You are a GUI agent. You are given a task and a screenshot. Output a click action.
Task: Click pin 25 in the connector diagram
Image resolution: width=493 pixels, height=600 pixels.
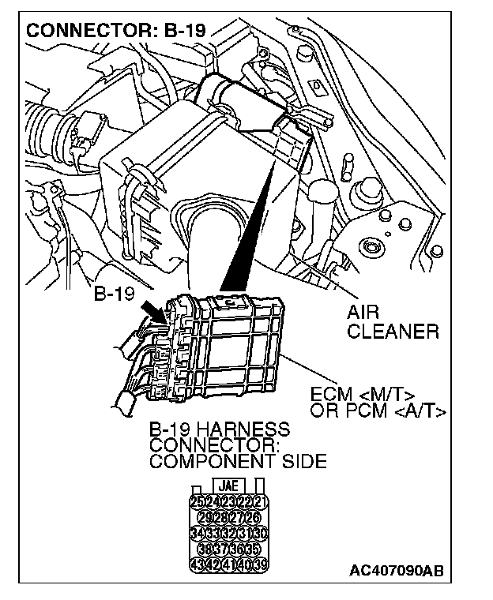(x=197, y=503)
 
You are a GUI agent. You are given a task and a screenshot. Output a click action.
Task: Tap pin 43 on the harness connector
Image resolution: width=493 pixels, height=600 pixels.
(x=197, y=564)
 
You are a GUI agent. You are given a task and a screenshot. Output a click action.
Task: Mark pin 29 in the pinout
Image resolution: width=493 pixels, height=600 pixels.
(x=205, y=518)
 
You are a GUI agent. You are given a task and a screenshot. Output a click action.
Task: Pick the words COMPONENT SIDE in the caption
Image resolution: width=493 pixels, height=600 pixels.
(x=237, y=462)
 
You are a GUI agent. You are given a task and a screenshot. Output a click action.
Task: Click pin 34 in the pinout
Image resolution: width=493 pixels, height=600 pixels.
(x=197, y=534)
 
